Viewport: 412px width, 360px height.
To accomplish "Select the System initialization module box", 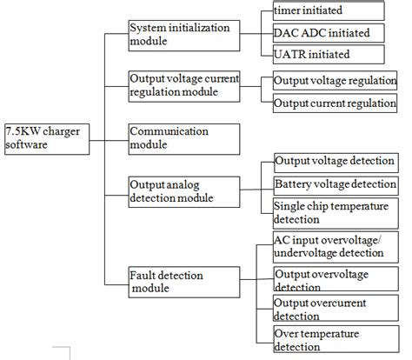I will tap(183, 34).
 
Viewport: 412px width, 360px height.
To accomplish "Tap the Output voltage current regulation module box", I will tap(183, 86).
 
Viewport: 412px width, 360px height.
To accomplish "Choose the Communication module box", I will tap(183, 138).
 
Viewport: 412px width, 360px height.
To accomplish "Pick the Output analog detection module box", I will tap(183, 191).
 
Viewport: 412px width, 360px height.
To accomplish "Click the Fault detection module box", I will tap(183, 282).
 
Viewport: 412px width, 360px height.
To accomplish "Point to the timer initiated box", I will tap(327, 10).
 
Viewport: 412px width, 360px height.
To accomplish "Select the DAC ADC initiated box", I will tap(327, 33).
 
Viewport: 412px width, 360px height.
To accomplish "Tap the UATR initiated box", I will tap(327, 54).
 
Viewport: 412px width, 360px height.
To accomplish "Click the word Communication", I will tap(169, 131).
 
